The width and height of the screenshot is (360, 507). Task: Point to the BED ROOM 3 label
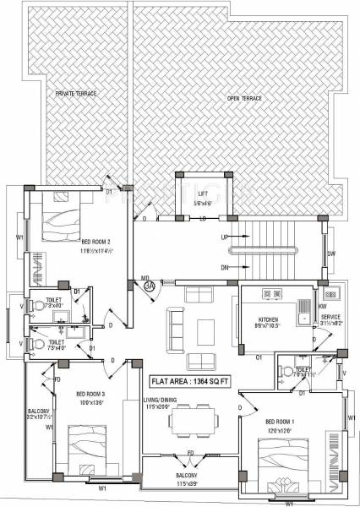click(90, 394)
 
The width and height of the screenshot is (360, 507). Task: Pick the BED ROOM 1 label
click(281, 421)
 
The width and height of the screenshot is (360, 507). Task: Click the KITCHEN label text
click(269, 319)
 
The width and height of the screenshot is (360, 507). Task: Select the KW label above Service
click(323, 306)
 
